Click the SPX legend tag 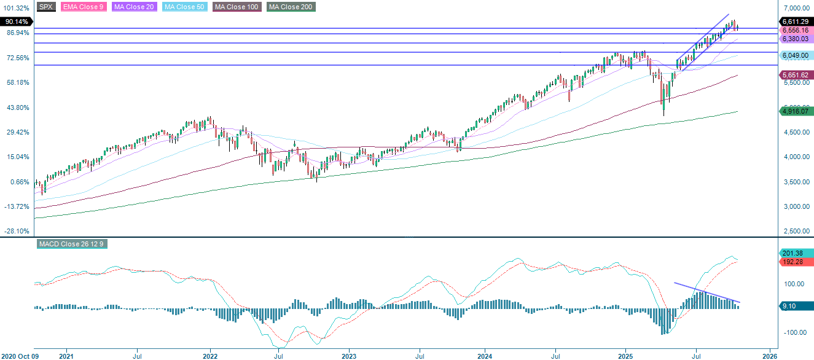click(45, 7)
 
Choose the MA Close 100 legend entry click(237, 7)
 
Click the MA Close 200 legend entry click(291, 7)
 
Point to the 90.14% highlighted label click(16, 20)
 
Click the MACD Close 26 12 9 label click(72, 244)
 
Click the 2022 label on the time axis click(210, 355)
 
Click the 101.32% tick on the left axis click(17, 8)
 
